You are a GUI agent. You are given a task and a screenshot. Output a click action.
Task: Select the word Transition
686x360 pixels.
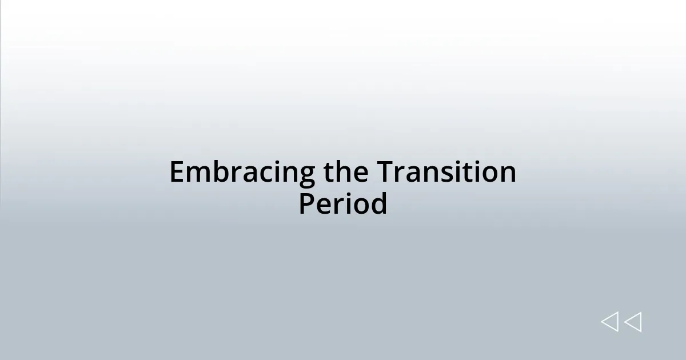coord(446,173)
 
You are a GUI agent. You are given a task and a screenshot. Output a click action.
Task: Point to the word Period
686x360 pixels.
coord(343,204)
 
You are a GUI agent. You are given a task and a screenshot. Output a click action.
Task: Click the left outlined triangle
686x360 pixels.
coord(610,322)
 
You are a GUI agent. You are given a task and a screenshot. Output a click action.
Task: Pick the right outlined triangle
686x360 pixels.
coord(633,322)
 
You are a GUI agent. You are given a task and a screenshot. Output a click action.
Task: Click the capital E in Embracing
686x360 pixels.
coord(177,173)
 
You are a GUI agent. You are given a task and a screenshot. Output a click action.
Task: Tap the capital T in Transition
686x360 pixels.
coord(384,173)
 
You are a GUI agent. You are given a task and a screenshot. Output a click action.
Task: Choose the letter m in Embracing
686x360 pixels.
coord(197,174)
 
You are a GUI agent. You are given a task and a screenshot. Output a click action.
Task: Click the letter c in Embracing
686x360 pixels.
coord(259,174)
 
